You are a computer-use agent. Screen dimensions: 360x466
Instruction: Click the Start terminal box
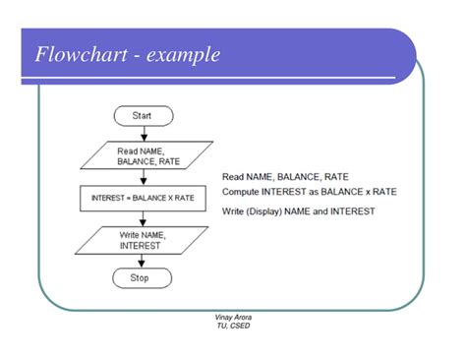[x=144, y=116]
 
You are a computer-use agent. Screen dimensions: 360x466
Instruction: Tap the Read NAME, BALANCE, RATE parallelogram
[x=144, y=155]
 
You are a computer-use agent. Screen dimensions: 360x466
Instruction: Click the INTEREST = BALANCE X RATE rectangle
[x=144, y=198]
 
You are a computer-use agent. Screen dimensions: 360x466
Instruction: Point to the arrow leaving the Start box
[x=144, y=134]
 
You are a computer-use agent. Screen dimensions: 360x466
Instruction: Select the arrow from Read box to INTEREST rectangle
[x=144, y=177]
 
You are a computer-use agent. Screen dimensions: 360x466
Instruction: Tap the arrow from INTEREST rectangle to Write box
[x=144, y=218]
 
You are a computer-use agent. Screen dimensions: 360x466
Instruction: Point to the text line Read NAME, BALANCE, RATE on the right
[x=285, y=177]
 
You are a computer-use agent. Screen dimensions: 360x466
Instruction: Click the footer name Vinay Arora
[x=233, y=318]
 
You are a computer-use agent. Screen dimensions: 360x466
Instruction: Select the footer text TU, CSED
[x=233, y=326]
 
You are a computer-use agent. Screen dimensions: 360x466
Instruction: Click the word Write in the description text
[x=236, y=212]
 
